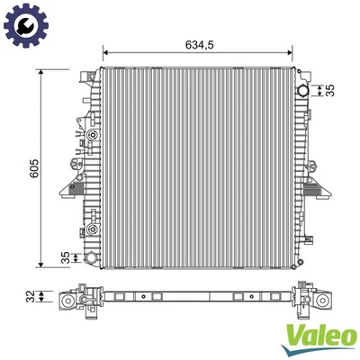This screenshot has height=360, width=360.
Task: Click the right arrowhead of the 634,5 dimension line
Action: pos(296,52)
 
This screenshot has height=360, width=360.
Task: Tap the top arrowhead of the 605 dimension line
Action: pos(41,73)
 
